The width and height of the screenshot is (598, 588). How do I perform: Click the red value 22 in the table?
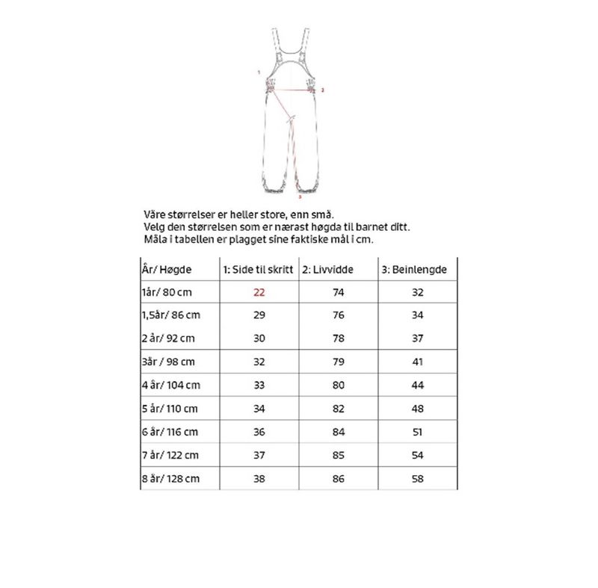(259, 292)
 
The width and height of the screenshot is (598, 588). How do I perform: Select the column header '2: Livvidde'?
(327, 269)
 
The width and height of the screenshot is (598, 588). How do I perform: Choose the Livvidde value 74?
(339, 292)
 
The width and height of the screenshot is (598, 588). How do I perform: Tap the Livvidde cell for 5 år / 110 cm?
(339, 409)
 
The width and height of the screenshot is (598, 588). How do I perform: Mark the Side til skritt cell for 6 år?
(259, 432)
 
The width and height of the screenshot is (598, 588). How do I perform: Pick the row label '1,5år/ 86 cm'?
(171, 315)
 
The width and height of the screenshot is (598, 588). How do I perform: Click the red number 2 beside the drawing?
(322, 90)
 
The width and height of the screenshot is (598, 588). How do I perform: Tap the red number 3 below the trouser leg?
(299, 199)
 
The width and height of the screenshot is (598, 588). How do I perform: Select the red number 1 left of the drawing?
(258, 73)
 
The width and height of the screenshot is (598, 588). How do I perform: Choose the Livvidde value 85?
(339, 455)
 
